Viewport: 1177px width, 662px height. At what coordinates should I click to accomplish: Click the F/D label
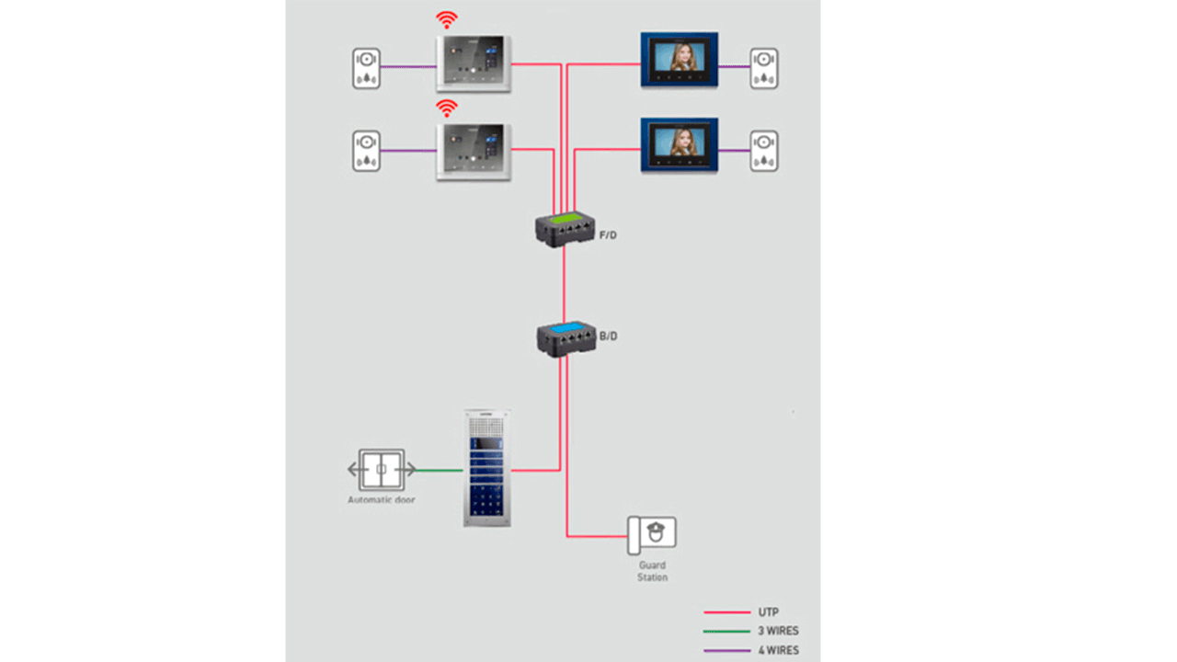[608, 235]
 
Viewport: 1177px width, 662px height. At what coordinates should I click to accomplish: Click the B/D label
[608, 337]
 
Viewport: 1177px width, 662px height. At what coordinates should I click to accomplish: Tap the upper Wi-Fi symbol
[447, 19]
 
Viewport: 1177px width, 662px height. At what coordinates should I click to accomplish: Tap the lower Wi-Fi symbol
[447, 108]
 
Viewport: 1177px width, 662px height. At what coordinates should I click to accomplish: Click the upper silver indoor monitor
[474, 63]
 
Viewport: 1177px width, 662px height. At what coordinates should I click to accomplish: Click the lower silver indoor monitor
[474, 151]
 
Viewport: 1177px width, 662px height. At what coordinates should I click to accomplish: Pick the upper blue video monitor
[680, 60]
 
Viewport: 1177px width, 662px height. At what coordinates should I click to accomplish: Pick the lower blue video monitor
[680, 145]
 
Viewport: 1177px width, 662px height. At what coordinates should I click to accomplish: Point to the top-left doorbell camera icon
[366, 68]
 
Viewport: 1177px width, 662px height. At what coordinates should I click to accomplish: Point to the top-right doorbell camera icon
[763, 68]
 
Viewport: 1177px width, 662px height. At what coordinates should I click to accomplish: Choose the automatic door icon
[382, 470]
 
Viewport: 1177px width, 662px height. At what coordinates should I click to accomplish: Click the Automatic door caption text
[381, 500]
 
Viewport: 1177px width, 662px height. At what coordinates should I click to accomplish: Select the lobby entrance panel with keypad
[487, 468]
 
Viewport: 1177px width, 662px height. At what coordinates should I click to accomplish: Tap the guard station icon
[652, 535]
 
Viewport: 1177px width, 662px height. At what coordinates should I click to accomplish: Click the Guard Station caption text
[652, 571]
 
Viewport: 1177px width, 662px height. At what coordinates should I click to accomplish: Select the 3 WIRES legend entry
[778, 632]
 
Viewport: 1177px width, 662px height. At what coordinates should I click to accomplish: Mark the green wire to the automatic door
[440, 471]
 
